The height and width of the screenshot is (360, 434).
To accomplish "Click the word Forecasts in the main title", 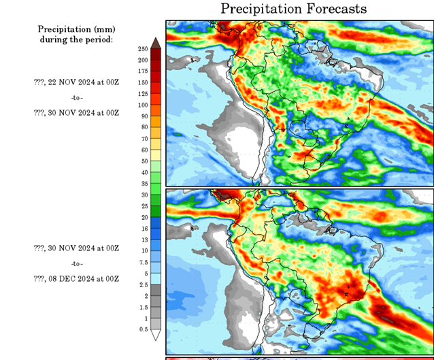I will point(332,9).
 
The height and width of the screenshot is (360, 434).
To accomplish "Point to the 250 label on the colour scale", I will point(143,49).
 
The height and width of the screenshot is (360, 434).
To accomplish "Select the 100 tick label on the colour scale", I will point(143,105).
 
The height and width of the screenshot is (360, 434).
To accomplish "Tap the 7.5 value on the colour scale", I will point(143,262).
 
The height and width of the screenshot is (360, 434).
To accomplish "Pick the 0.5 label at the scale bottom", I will point(143,329).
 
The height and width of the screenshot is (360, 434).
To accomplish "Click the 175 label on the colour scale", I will point(143,71).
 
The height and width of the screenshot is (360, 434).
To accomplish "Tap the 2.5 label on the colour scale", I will point(143,284).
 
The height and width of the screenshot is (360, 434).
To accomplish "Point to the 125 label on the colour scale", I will point(143,94).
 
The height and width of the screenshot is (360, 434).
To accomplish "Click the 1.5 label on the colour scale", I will point(143,307).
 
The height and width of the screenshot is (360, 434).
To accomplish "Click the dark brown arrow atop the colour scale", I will point(156,43).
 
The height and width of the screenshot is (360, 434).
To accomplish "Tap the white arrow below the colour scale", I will point(156,335).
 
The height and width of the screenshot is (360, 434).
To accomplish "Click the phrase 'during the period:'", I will point(76,39).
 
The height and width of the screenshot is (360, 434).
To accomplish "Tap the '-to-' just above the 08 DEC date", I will point(76,263).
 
